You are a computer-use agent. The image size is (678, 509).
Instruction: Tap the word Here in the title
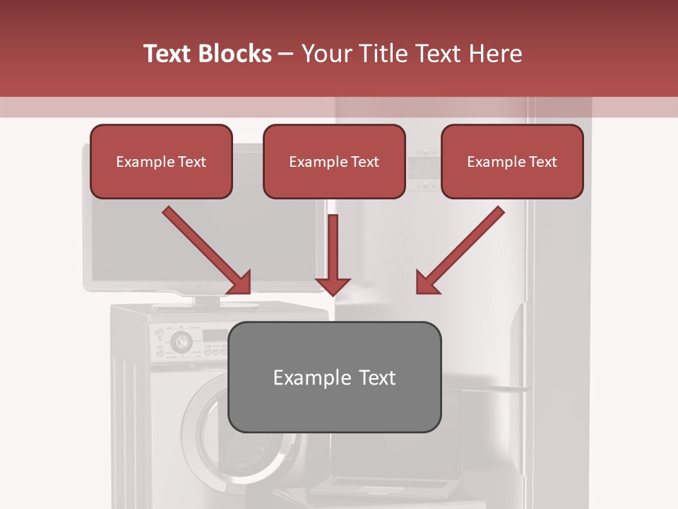click(x=494, y=54)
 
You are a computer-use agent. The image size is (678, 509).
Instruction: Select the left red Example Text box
click(x=161, y=162)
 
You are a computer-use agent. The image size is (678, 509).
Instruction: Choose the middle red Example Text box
click(x=334, y=162)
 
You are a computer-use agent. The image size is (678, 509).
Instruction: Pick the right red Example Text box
click(x=512, y=162)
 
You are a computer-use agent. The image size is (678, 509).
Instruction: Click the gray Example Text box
click(x=335, y=377)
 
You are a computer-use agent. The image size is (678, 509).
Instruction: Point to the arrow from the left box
click(x=206, y=250)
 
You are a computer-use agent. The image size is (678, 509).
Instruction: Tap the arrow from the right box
click(x=460, y=250)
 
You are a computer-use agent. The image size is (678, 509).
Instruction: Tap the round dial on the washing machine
click(x=181, y=341)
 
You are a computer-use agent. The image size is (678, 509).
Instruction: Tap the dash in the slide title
click(x=286, y=54)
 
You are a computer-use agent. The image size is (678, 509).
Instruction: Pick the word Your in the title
click(x=327, y=54)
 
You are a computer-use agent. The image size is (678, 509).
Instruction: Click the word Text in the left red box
click(x=192, y=162)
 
